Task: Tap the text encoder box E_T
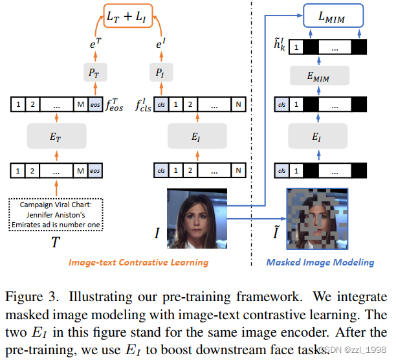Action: coord(56,137)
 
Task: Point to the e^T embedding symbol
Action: coord(94,44)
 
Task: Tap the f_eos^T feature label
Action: coord(118,104)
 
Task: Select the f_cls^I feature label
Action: coord(142,104)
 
